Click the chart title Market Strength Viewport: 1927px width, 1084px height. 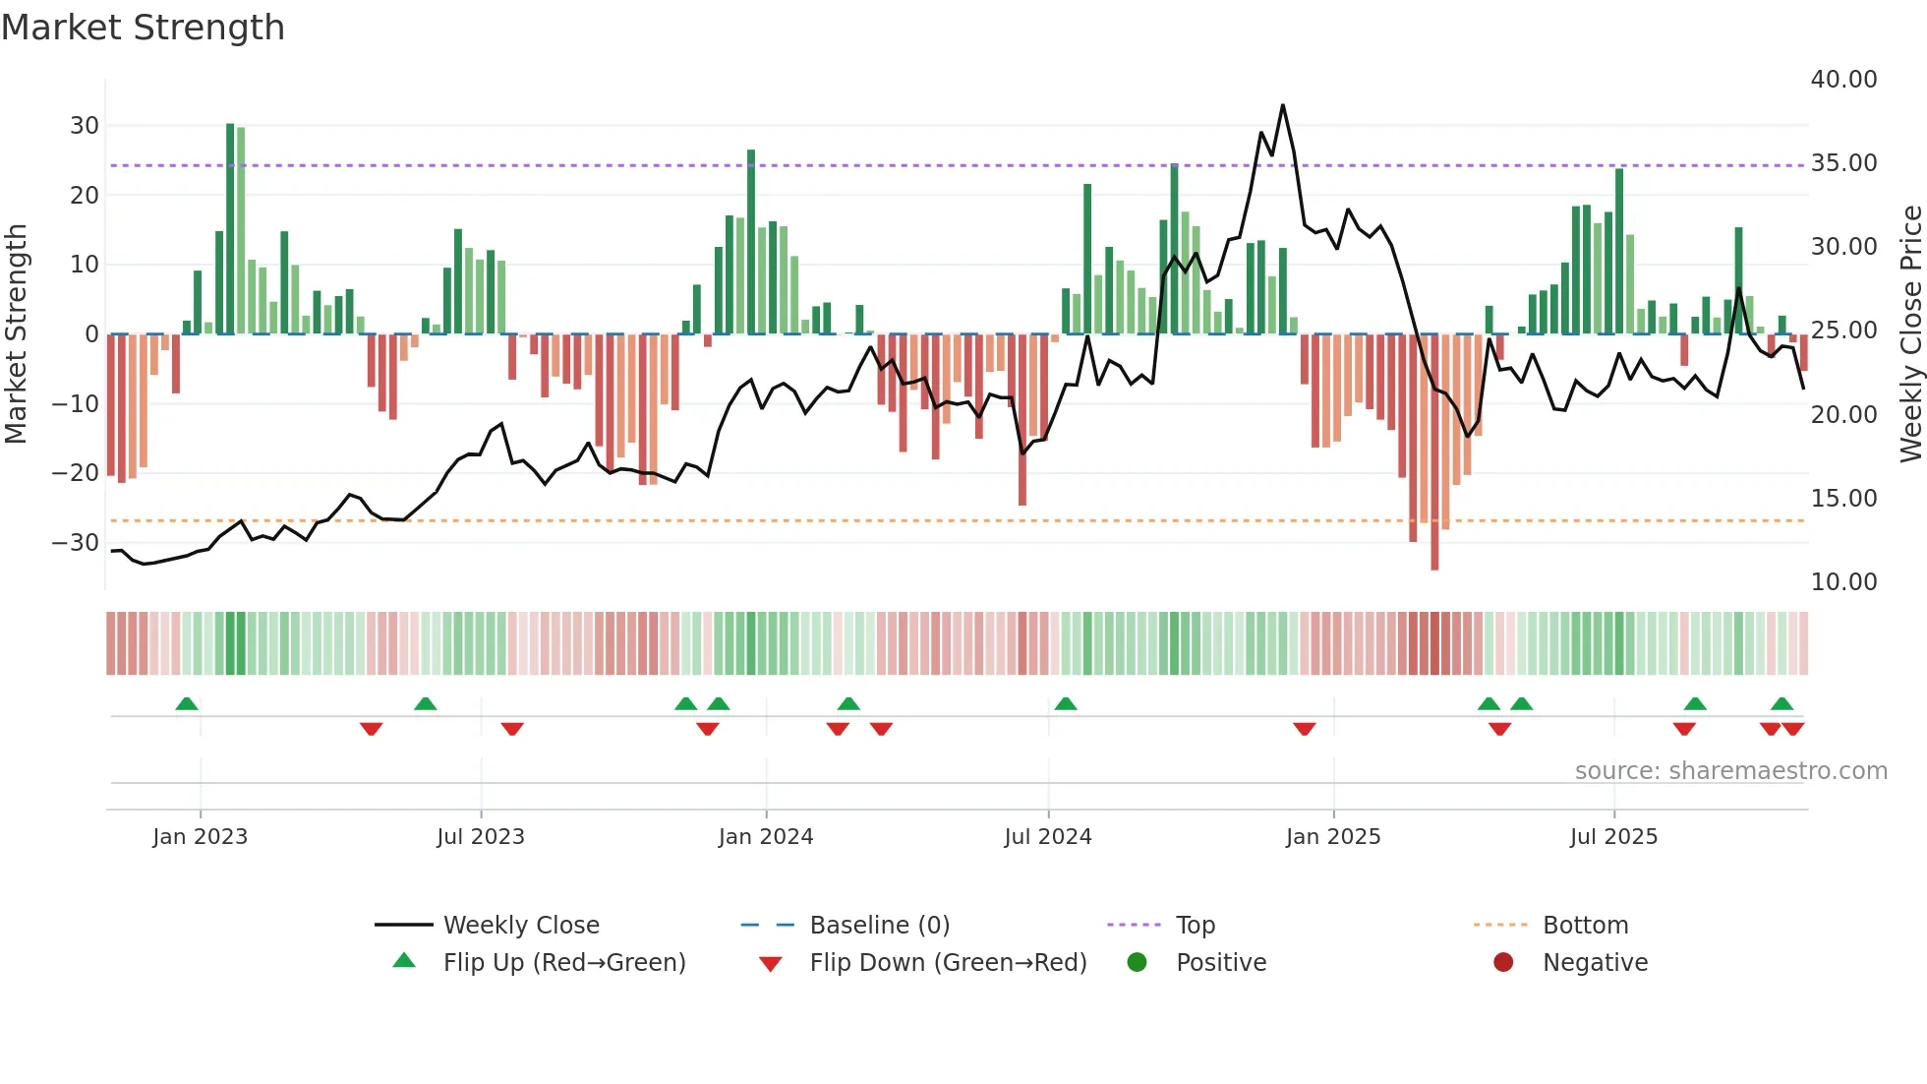143,28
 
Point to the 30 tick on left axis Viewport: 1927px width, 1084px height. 85,126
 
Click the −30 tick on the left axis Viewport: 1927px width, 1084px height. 76,542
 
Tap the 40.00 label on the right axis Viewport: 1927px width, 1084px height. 1843,80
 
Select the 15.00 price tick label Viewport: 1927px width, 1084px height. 1843,499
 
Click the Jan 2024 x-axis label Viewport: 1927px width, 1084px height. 765,837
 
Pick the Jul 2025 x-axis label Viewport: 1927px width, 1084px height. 1612,837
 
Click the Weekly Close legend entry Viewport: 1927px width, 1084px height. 520,926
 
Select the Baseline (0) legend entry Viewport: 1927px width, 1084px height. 879,926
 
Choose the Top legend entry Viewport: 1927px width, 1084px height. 1195,926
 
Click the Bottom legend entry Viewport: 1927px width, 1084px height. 1585,926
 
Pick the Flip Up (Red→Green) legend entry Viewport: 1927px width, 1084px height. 563,963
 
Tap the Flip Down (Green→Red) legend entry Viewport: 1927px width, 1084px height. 948,963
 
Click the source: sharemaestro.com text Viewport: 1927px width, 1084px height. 1730,771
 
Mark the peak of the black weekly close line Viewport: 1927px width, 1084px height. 1282,105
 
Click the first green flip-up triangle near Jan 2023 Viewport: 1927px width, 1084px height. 187,703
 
